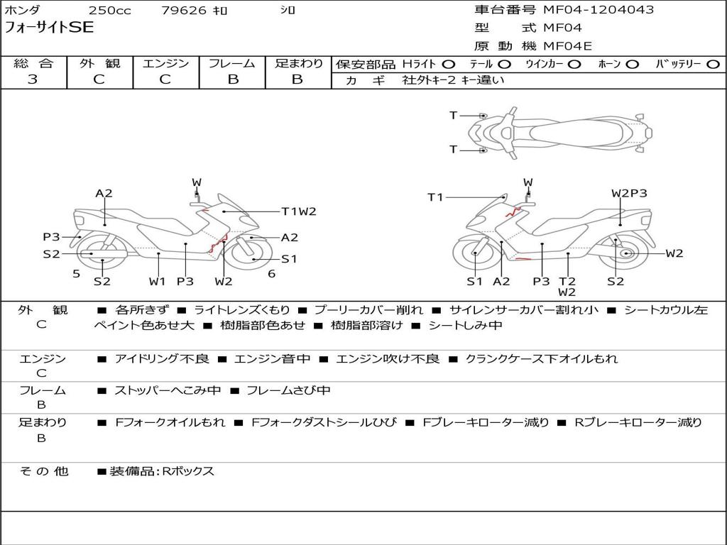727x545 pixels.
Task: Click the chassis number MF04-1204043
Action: coord(598,10)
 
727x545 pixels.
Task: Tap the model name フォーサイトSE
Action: coord(49,28)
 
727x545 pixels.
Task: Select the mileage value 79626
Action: coord(184,10)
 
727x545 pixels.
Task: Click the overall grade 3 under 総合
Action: coord(33,79)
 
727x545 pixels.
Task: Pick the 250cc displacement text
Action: coord(110,10)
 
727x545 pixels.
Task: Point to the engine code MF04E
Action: coord(567,46)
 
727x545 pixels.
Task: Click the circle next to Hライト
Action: coord(449,65)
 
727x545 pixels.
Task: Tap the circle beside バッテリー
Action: coord(714,65)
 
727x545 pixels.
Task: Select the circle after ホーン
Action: coord(633,65)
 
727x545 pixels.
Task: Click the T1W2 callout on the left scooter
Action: coord(299,211)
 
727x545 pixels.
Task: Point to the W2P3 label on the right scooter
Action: coord(629,193)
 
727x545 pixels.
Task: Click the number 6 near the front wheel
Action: coord(272,274)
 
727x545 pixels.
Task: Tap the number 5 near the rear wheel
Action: coord(77,274)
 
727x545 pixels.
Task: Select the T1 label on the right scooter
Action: coord(435,198)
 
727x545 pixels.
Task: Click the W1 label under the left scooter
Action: coord(157,281)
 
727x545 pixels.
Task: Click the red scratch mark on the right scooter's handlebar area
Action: coord(513,211)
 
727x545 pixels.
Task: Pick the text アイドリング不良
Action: coord(162,358)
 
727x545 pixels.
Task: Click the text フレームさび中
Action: coord(288,391)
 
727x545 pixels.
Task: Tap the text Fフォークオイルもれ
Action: coord(170,423)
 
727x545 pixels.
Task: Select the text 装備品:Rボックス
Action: coord(162,472)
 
